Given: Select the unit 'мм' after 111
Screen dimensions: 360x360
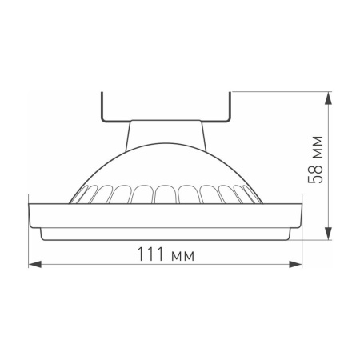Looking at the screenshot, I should click(182, 255).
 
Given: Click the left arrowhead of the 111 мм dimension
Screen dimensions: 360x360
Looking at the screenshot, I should click(33, 265).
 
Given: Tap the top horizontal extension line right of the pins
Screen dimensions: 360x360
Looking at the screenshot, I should click(280, 92).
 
